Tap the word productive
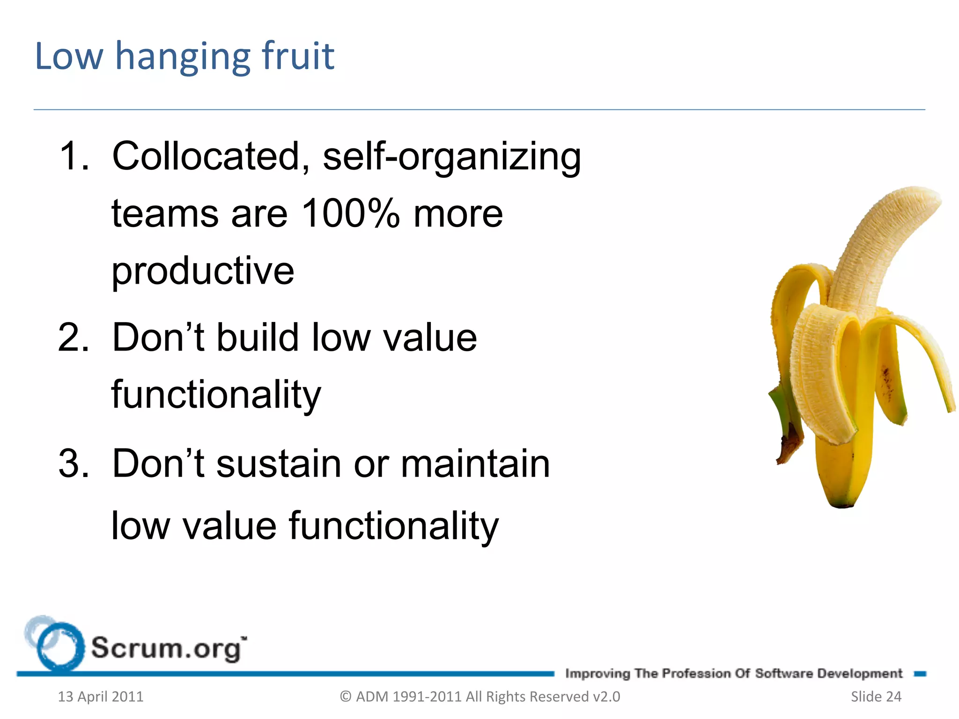203,271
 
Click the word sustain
278,463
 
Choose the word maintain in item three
475,463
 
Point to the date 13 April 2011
100,697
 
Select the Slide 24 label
876,697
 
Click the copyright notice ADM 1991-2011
479,697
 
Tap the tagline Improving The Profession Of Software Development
733,674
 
